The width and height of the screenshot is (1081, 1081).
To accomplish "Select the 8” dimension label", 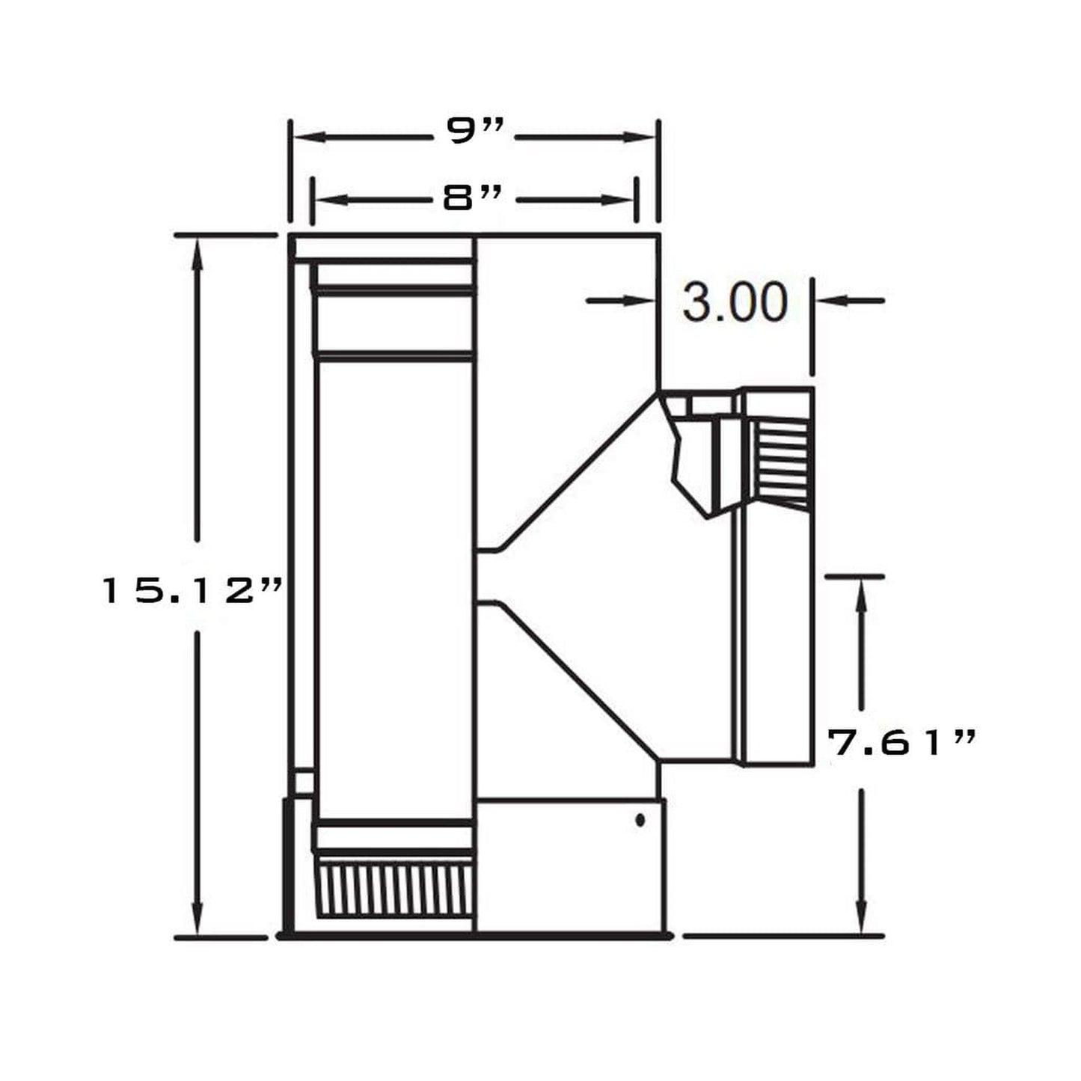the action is pyautogui.click(x=472, y=198).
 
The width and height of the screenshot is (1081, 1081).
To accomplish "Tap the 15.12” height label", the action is pyautogui.click(x=190, y=591).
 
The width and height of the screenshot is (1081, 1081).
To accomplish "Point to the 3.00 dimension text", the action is pyautogui.click(x=735, y=302).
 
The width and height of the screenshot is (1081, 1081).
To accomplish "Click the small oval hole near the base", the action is pyautogui.click(x=640, y=820).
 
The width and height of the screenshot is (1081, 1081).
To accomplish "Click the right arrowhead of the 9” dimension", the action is pyautogui.click(x=639, y=137).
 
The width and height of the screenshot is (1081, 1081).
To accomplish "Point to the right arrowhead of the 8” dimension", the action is pyautogui.click(x=616, y=200).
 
